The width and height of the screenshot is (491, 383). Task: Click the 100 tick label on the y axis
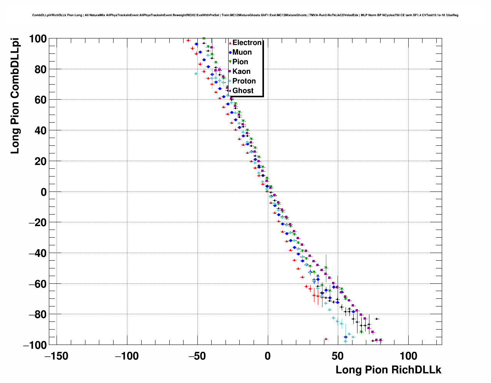37,38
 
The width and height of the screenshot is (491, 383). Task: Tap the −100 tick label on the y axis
34,345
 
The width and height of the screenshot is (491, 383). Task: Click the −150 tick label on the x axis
57,356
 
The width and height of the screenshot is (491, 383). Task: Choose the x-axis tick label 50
338,356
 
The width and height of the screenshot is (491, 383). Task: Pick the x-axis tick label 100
408,356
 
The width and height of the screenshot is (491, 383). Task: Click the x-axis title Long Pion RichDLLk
388,370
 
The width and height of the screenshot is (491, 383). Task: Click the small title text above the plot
245,15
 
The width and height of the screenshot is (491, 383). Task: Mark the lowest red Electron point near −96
326,339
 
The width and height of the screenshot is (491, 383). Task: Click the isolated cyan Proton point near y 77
196,73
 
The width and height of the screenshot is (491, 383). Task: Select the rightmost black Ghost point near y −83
377,319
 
